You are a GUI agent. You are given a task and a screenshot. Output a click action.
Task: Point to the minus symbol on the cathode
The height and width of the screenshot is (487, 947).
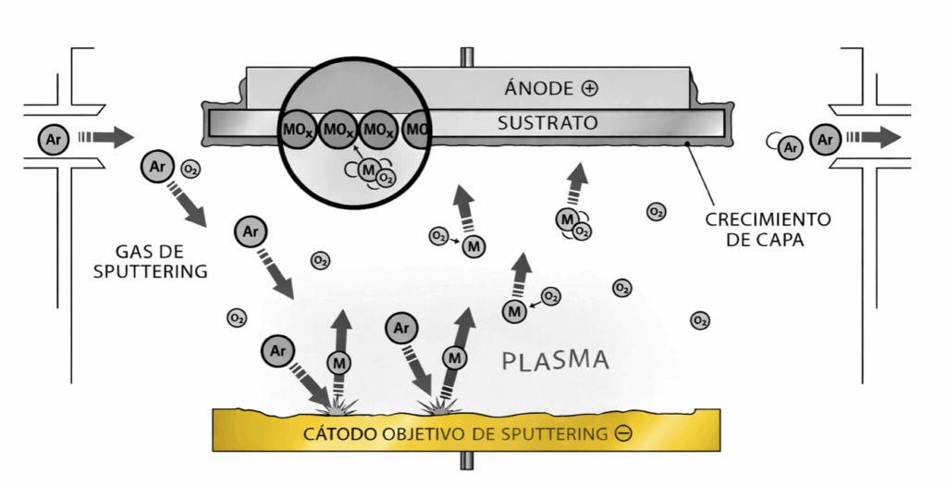pos(623,433)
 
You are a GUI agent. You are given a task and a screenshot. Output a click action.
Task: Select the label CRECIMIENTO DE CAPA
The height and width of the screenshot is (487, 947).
pos(768,228)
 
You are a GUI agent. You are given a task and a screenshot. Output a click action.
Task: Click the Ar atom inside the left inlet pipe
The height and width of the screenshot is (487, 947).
pos(52,139)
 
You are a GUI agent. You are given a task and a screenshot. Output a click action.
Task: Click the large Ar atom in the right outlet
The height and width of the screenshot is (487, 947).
pos(824,140)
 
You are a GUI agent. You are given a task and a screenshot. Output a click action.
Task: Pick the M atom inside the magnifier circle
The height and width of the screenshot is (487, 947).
pos(369,169)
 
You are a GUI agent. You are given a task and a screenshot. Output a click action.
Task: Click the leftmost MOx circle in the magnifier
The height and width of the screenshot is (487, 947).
pos(295,131)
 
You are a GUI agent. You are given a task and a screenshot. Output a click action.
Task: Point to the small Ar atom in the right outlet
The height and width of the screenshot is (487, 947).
pos(789,146)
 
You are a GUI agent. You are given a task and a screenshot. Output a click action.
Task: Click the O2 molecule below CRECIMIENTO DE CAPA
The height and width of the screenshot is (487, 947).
pos(700,320)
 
